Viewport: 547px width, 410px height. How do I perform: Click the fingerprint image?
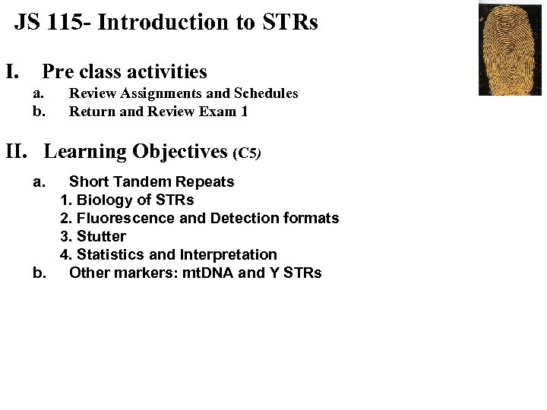pyautogui.click(x=509, y=49)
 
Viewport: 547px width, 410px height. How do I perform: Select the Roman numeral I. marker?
pyautogui.click(x=13, y=72)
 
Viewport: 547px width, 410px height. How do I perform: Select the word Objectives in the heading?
pyautogui.click(x=180, y=151)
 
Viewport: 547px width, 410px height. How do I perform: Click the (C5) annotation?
pyautogui.click(x=248, y=153)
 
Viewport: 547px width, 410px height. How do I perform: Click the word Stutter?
pyautogui.click(x=101, y=237)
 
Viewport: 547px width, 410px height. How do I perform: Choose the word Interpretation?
pyautogui.click(x=228, y=255)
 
